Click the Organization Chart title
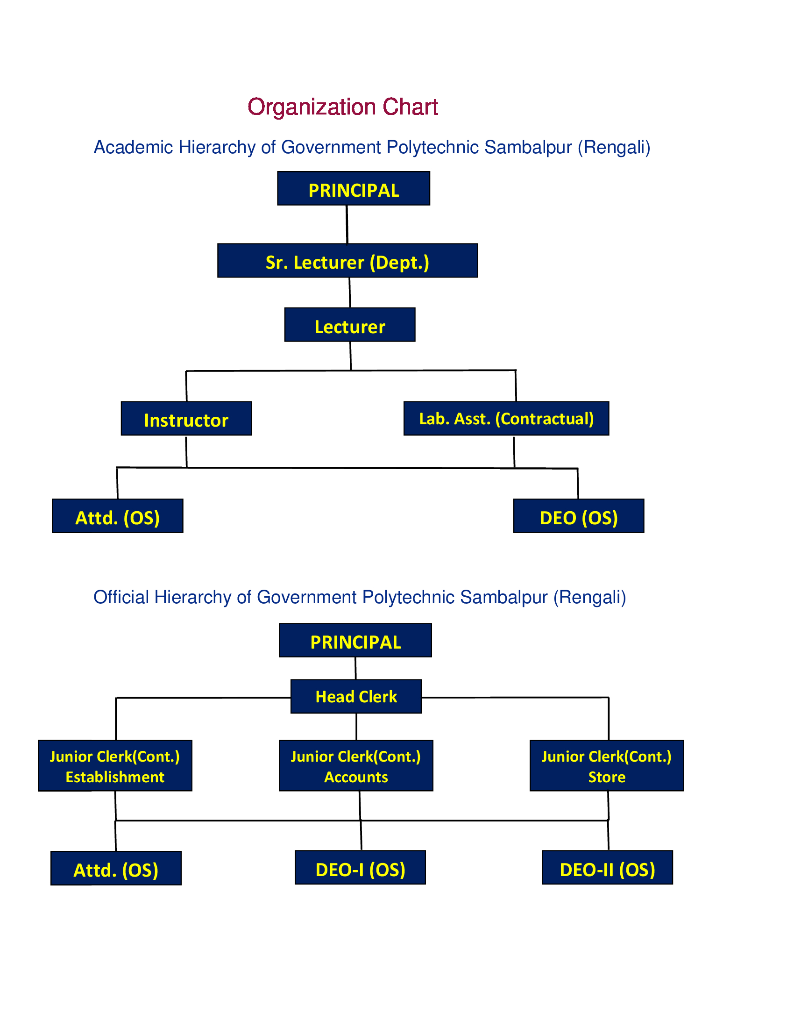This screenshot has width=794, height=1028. pyautogui.click(x=342, y=107)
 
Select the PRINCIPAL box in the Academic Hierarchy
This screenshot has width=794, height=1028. pyautogui.click(x=353, y=188)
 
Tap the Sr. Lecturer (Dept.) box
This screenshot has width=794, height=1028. pyautogui.click(x=347, y=260)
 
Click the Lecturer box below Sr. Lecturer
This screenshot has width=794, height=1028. pyautogui.click(x=349, y=324)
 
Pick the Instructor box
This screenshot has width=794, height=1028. pyautogui.click(x=186, y=418)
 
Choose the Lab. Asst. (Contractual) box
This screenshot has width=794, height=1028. pyautogui.click(x=506, y=418)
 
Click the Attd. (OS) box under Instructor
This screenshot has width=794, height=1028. pyautogui.click(x=118, y=515)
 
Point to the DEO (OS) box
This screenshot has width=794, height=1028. pyautogui.click(x=579, y=515)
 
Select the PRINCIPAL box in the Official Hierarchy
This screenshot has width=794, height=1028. pyautogui.click(x=355, y=640)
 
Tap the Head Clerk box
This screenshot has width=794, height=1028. pyautogui.click(x=356, y=696)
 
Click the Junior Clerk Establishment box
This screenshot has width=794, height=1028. pyautogui.click(x=115, y=765)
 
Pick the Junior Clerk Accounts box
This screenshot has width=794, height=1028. pyautogui.click(x=356, y=765)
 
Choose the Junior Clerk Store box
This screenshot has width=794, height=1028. pyautogui.click(x=607, y=765)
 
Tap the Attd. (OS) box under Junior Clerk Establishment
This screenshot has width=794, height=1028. pyautogui.click(x=116, y=868)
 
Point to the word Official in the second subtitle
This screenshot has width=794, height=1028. pyautogui.click(x=121, y=597)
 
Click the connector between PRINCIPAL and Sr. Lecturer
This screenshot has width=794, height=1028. pyautogui.click(x=347, y=224)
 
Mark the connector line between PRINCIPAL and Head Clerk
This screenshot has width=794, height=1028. pyautogui.click(x=355, y=668)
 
